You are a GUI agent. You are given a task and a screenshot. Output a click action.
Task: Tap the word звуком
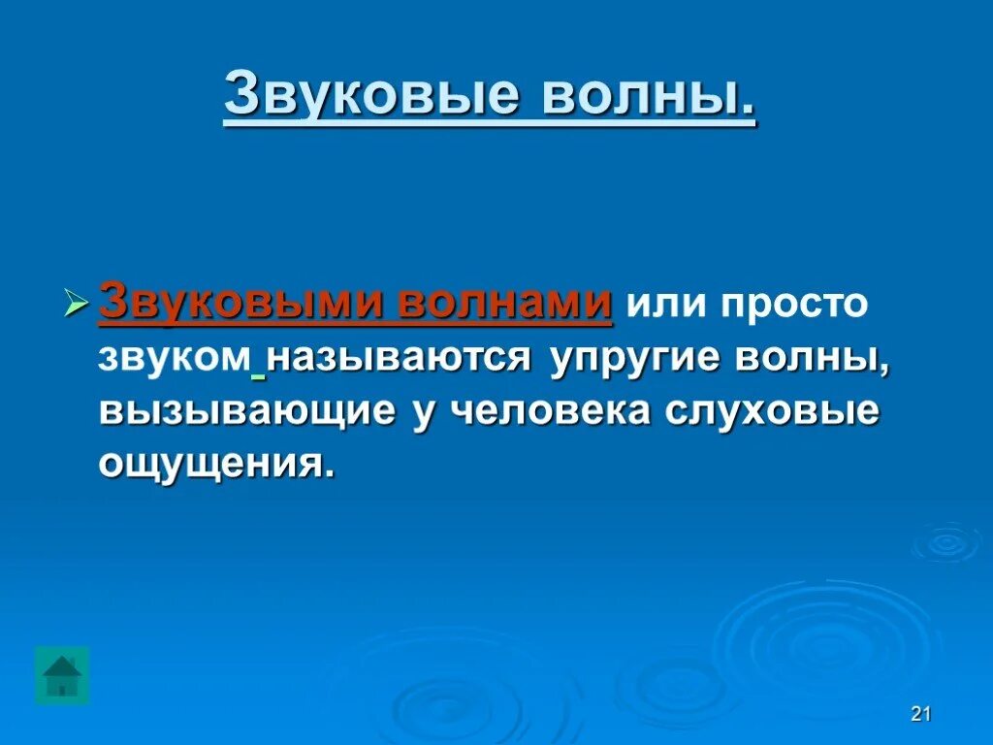click(x=174, y=359)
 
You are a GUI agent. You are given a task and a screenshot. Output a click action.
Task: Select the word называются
click(x=399, y=359)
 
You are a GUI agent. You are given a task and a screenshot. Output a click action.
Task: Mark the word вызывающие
click(x=246, y=411)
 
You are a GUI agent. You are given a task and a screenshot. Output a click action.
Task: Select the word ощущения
click(x=215, y=466)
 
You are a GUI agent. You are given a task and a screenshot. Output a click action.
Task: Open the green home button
click(x=62, y=675)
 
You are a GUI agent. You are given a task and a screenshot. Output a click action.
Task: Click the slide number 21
click(x=921, y=715)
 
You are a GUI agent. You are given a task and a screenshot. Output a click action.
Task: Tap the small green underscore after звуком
click(x=258, y=373)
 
